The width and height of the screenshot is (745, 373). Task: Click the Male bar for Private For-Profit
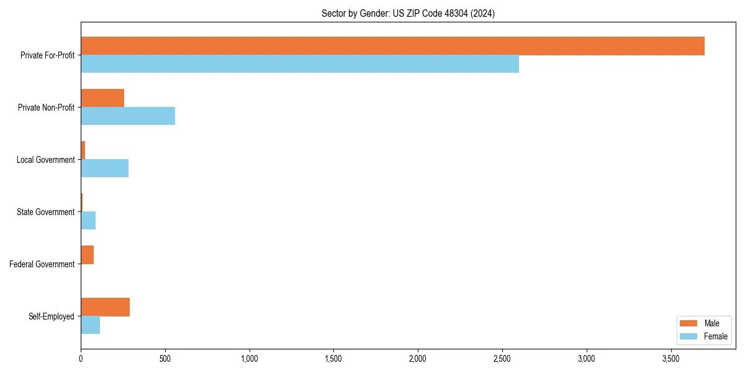(x=392, y=46)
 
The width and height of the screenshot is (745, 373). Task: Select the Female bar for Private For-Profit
(x=300, y=64)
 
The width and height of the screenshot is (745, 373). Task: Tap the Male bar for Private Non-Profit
(x=102, y=98)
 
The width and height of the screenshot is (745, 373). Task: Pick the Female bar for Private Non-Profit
(x=128, y=116)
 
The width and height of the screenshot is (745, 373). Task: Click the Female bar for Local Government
(x=104, y=168)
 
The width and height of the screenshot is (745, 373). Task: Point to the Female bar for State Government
(x=88, y=221)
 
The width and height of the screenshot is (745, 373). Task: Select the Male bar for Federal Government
(x=87, y=255)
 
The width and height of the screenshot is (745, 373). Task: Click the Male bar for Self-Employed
(x=105, y=307)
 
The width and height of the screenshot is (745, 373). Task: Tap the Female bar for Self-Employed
(x=90, y=325)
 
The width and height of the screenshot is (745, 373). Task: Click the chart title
(x=408, y=13)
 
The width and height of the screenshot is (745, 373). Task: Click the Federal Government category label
(x=42, y=264)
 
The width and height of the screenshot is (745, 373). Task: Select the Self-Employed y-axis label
(x=52, y=316)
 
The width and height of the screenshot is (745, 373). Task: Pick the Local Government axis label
(x=45, y=160)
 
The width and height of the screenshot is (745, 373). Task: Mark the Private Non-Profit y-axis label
(x=46, y=108)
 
